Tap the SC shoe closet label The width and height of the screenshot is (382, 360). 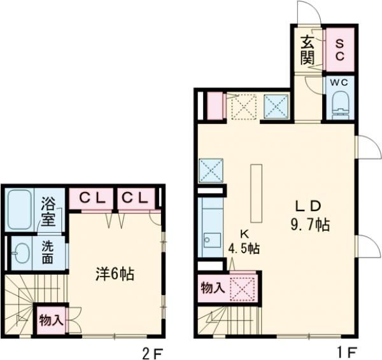tap(339, 50)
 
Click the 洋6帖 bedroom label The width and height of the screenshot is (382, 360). tap(115, 275)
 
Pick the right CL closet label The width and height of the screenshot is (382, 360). tap(135, 198)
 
